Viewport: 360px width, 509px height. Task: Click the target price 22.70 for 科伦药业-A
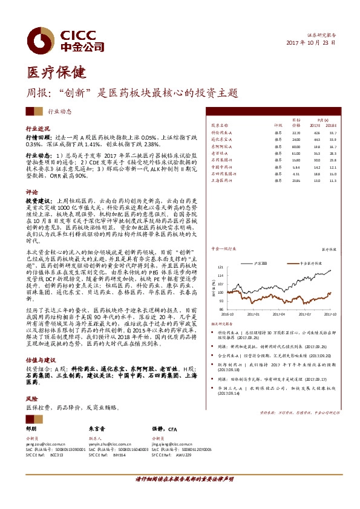(296, 132)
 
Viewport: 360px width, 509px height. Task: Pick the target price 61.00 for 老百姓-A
(296, 154)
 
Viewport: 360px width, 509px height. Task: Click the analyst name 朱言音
(97, 427)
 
